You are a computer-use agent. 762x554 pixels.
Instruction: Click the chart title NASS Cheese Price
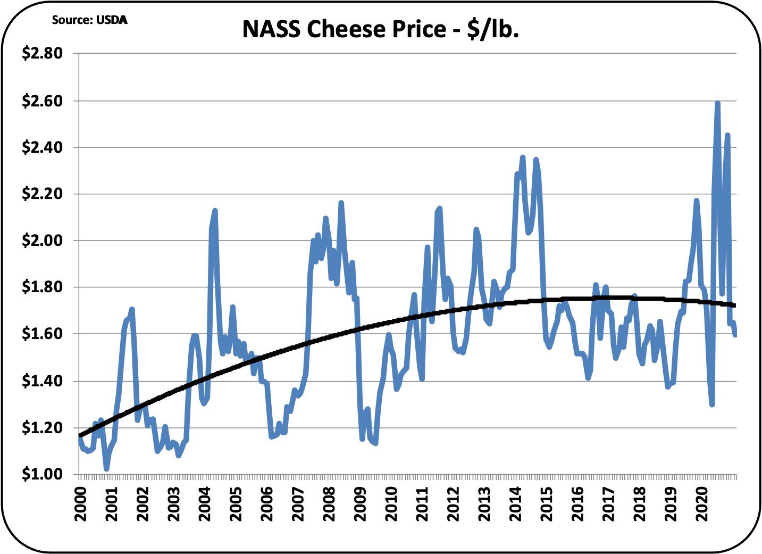[x=380, y=29]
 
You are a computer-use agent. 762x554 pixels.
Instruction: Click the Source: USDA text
[x=89, y=20]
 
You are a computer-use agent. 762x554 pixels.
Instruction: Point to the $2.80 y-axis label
[x=42, y=53]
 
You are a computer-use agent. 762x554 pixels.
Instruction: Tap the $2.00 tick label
[x=42, y=241]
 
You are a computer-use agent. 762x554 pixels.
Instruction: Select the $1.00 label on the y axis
[x=42, y=474]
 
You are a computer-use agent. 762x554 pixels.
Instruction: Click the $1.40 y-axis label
[x=42, y=381]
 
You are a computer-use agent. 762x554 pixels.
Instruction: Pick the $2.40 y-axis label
[x=42, y=147]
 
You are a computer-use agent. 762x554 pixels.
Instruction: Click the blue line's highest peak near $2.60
[x=717, y=103]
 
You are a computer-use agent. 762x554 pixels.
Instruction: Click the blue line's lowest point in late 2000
[x=107, y=469]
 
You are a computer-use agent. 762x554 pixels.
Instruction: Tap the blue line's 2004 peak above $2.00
[x=215, y=211]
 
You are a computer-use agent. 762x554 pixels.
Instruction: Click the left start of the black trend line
[x=80, y=435]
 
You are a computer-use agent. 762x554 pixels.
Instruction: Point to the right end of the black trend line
[x=735, y=305]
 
